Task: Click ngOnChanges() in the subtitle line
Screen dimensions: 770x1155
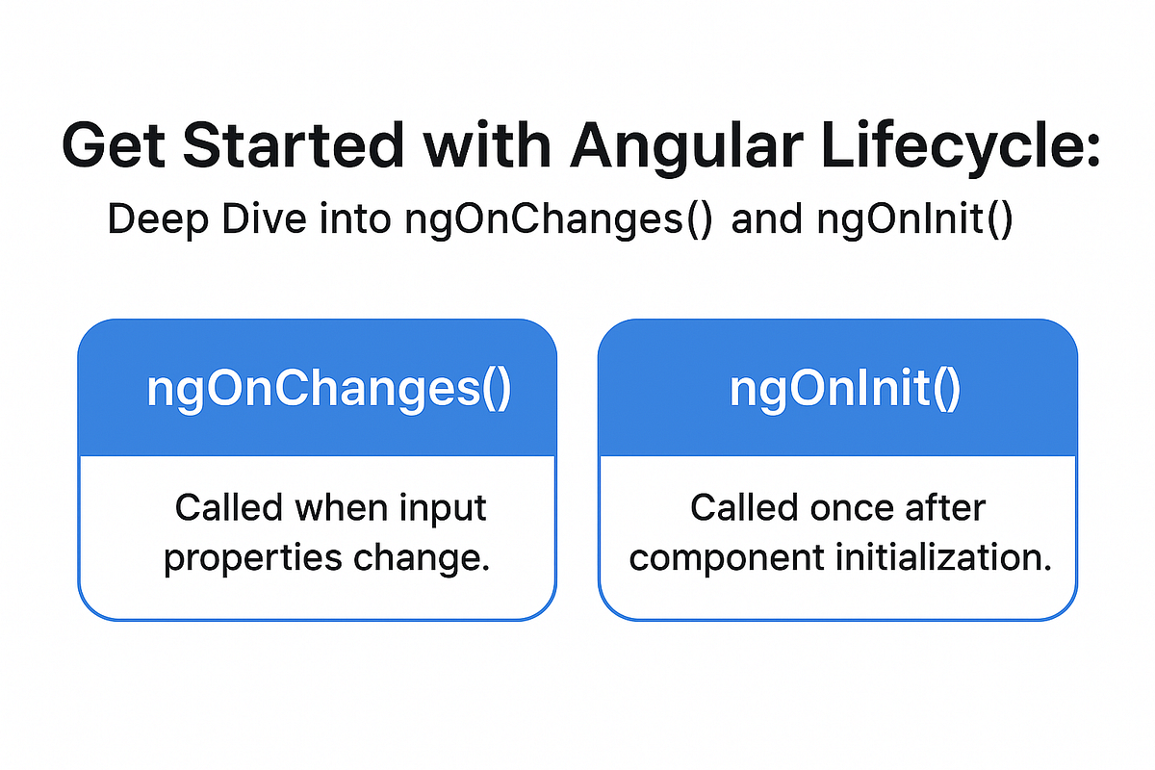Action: tap(559, 219)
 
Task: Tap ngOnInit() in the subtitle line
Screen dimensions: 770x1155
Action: tap(913, 219)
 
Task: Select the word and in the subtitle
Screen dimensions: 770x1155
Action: tap(767, 219)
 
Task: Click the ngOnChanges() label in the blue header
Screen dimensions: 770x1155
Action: tap(329, 390)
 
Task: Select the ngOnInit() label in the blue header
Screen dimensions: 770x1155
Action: tap(844, 390)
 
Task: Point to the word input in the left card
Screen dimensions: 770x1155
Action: tap(440, 507)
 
